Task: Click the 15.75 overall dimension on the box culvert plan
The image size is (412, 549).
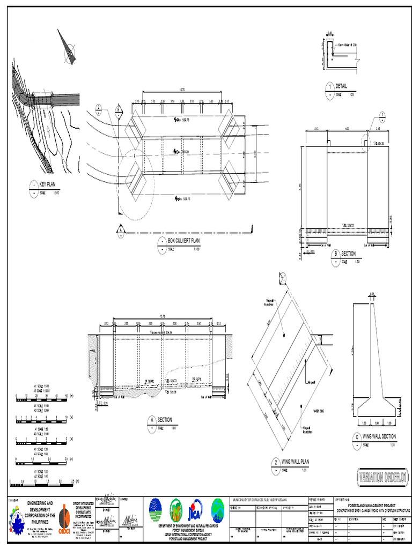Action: (x=182, y=90)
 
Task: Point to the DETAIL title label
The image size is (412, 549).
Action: (x=341, y=86)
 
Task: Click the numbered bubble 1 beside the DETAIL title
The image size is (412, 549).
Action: (x=329, y=87)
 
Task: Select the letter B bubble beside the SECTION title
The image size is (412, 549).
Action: (x=335, y=254)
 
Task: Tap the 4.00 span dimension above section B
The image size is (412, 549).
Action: (x=347, y=129)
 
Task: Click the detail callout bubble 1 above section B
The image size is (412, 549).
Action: (x=382, y=115)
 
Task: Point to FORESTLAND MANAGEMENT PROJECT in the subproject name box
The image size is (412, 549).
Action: (x=372, y=506)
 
